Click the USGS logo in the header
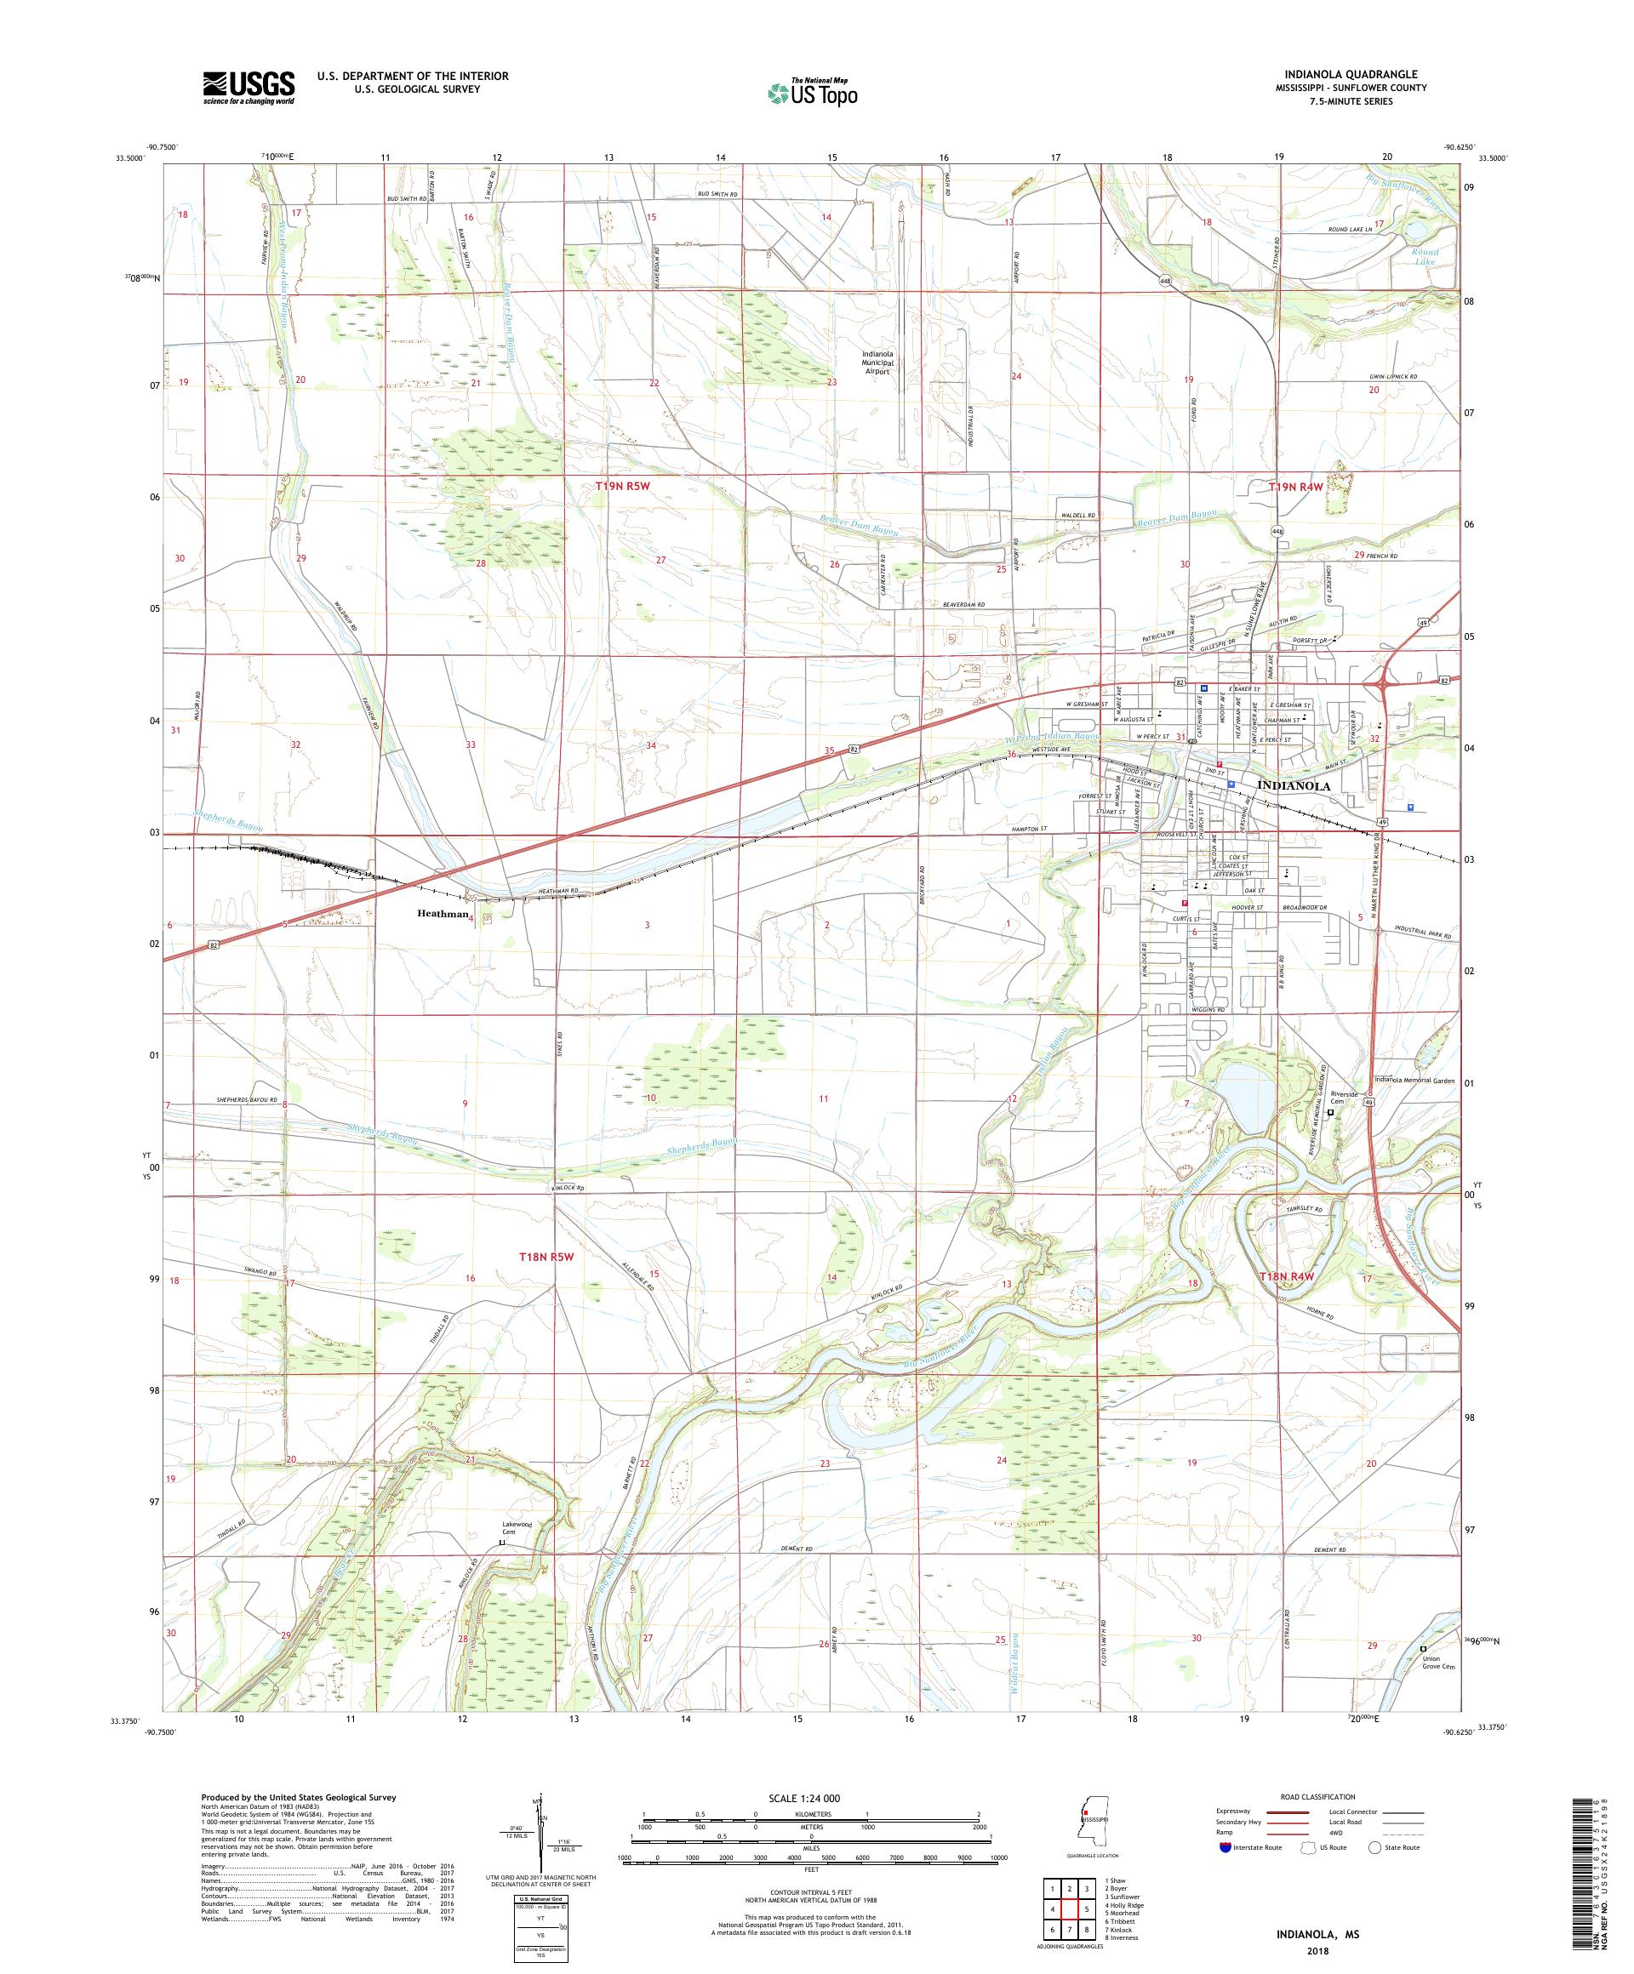click(x=249, y=88)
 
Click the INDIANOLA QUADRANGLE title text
click(x=1355, y=74)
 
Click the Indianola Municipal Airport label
click(x=879, y=362)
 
